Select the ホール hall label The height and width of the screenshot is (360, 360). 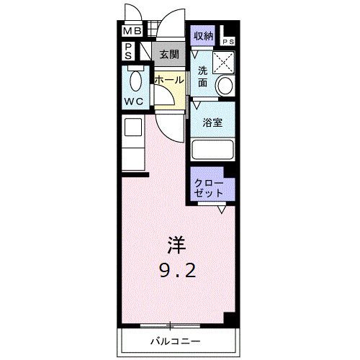(168, 79)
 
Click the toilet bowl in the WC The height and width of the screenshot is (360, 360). (134, 80)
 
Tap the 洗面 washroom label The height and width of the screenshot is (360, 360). (202, 76)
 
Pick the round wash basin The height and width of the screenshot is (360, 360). (224, 87)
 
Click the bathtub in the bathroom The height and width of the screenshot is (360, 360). (213, 150)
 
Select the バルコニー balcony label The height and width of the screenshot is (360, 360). (175, 339)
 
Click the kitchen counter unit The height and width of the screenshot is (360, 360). (133, 144)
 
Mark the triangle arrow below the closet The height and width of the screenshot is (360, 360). (222, 210)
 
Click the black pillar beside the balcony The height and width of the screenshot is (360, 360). (230, 319)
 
